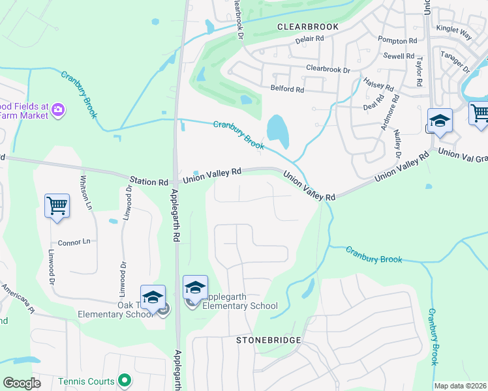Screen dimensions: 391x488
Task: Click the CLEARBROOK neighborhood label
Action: coord(308,27)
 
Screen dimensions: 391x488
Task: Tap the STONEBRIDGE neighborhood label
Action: coord(269,340)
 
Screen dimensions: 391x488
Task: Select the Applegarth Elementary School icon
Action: coord(195,287)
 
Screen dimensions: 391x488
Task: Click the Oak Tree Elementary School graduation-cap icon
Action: coord(153,297)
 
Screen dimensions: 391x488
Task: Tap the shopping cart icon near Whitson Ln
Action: coord(57,206)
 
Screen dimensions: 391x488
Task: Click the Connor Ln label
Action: coord(73,242)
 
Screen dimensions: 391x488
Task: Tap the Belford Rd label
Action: coord(287,89)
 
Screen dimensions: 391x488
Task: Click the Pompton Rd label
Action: coord(397,40)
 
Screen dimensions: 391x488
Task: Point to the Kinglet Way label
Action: coord(453,30)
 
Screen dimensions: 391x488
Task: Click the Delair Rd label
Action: coord(310,39)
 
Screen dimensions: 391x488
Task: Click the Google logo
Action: coord(22,383)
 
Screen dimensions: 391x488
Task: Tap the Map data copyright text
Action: coord(460,386)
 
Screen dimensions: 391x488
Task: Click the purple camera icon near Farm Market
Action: coord(57,109)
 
